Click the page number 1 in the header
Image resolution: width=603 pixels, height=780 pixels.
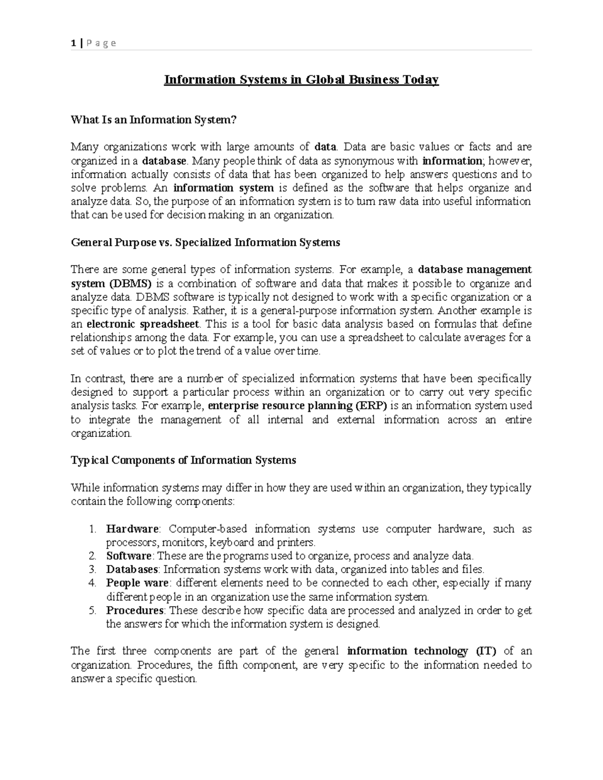73,43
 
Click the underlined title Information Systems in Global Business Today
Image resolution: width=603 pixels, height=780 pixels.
301,80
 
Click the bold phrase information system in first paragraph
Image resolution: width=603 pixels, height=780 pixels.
224,188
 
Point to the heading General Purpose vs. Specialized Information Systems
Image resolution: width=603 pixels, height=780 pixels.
206,243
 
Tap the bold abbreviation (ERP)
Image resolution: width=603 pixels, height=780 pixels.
371,405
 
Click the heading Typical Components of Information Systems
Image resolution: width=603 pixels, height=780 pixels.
183,460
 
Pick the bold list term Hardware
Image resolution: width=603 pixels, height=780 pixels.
132,529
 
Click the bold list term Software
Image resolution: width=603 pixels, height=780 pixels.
129,556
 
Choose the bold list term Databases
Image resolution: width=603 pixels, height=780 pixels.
132,570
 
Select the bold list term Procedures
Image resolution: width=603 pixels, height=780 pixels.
135,611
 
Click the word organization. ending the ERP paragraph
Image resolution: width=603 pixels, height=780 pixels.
101,433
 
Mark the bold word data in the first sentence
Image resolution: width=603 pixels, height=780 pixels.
325,147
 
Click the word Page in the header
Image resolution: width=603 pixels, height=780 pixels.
101,43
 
